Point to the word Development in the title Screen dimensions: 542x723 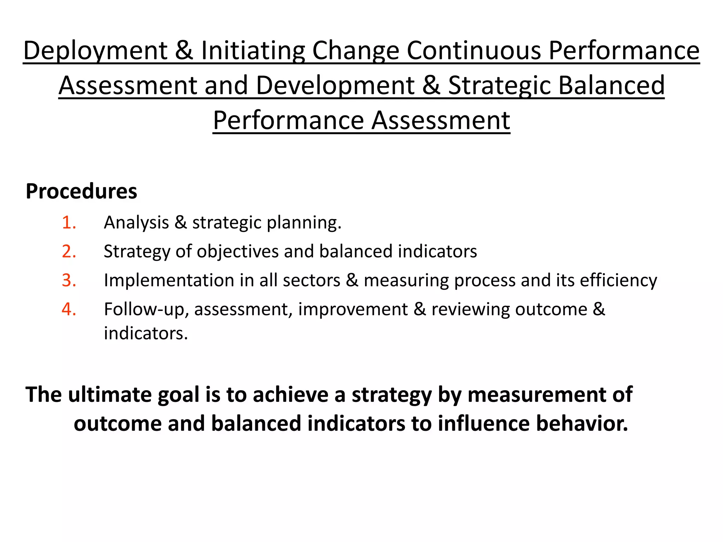(x=335, y=86)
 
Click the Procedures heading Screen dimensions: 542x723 (x=81, y=191)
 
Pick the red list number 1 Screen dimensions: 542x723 (x=69, y=223)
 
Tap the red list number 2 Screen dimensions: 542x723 (x=69, y=252)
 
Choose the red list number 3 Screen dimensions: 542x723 (x=69, y=281)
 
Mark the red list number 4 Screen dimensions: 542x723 (x=69, y=309)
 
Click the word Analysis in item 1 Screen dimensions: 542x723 (x=136, y=223)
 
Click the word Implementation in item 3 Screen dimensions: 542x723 (x=169, y=281)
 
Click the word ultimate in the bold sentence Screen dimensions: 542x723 (x=109, y=395)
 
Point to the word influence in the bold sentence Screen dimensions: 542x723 (x=484, y=423)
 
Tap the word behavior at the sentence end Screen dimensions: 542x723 (x=582, y=423)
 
